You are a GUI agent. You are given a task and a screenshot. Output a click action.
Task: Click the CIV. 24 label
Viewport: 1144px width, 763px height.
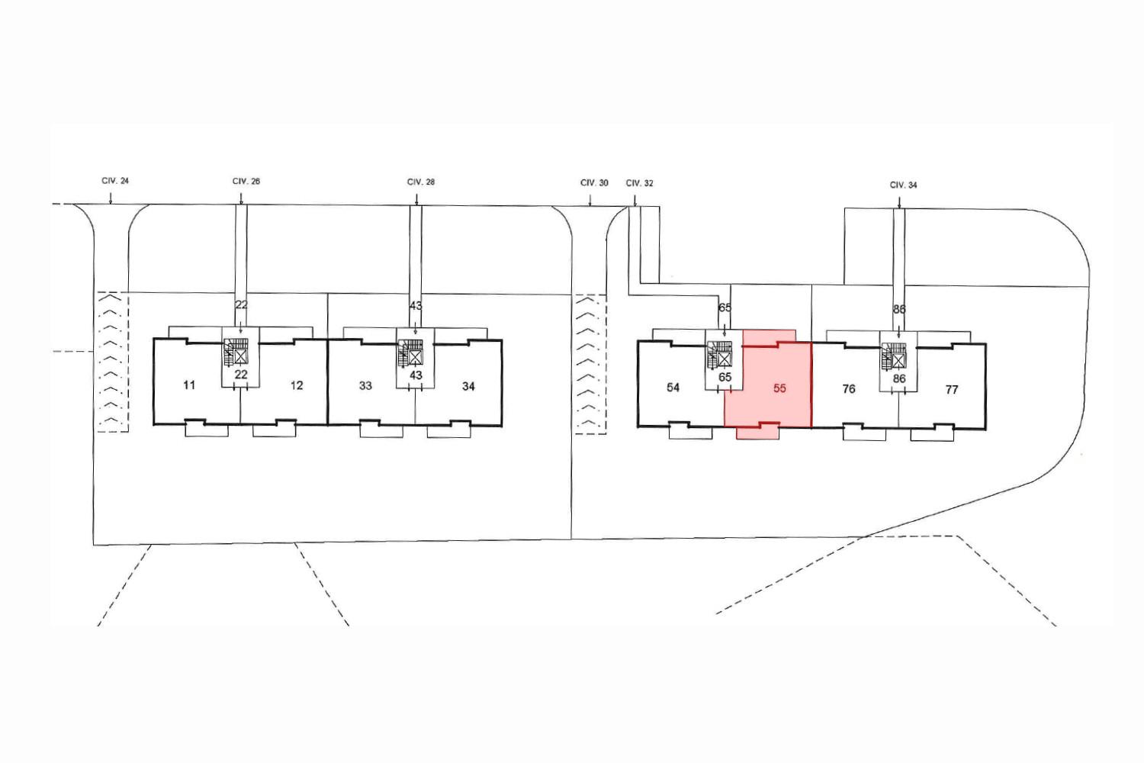point(115,181)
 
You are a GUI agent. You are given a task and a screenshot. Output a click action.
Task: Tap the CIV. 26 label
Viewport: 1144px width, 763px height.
point(246,182)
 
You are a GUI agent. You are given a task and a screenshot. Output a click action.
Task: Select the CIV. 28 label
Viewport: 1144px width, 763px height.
point(421,182)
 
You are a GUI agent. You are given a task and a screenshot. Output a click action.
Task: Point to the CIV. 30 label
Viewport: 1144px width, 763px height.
point(594,183)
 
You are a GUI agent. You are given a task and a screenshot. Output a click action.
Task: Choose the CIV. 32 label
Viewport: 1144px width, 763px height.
point(639,183)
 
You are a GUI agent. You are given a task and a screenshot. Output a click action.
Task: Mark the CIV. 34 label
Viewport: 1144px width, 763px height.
point(904,185)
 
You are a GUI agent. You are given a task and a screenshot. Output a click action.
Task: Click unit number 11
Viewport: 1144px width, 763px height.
point(189,385)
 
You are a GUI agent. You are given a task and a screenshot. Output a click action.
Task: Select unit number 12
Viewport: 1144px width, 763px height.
point(297,385)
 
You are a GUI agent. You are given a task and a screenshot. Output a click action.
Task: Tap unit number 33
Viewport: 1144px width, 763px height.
point(365,386)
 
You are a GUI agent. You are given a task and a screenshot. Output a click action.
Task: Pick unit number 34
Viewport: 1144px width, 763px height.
point(468,386)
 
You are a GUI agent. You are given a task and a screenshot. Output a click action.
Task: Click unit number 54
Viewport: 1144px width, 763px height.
point(673,388)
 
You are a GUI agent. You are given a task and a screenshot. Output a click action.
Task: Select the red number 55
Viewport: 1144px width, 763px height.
point(779,388)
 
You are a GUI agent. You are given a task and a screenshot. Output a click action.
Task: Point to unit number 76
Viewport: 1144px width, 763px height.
point(849,389)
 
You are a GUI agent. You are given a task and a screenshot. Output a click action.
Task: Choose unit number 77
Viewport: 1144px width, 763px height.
point(952,390)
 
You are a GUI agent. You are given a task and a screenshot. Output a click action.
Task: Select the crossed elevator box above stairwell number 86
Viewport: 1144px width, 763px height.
point(898,361)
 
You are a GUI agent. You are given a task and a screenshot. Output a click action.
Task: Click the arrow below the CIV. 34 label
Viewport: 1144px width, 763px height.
point(899,202)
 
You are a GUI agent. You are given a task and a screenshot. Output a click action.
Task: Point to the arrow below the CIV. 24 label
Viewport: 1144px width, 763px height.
point(111,199)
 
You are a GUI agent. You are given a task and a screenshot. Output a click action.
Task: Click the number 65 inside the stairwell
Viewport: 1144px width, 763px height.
point(725,377)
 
